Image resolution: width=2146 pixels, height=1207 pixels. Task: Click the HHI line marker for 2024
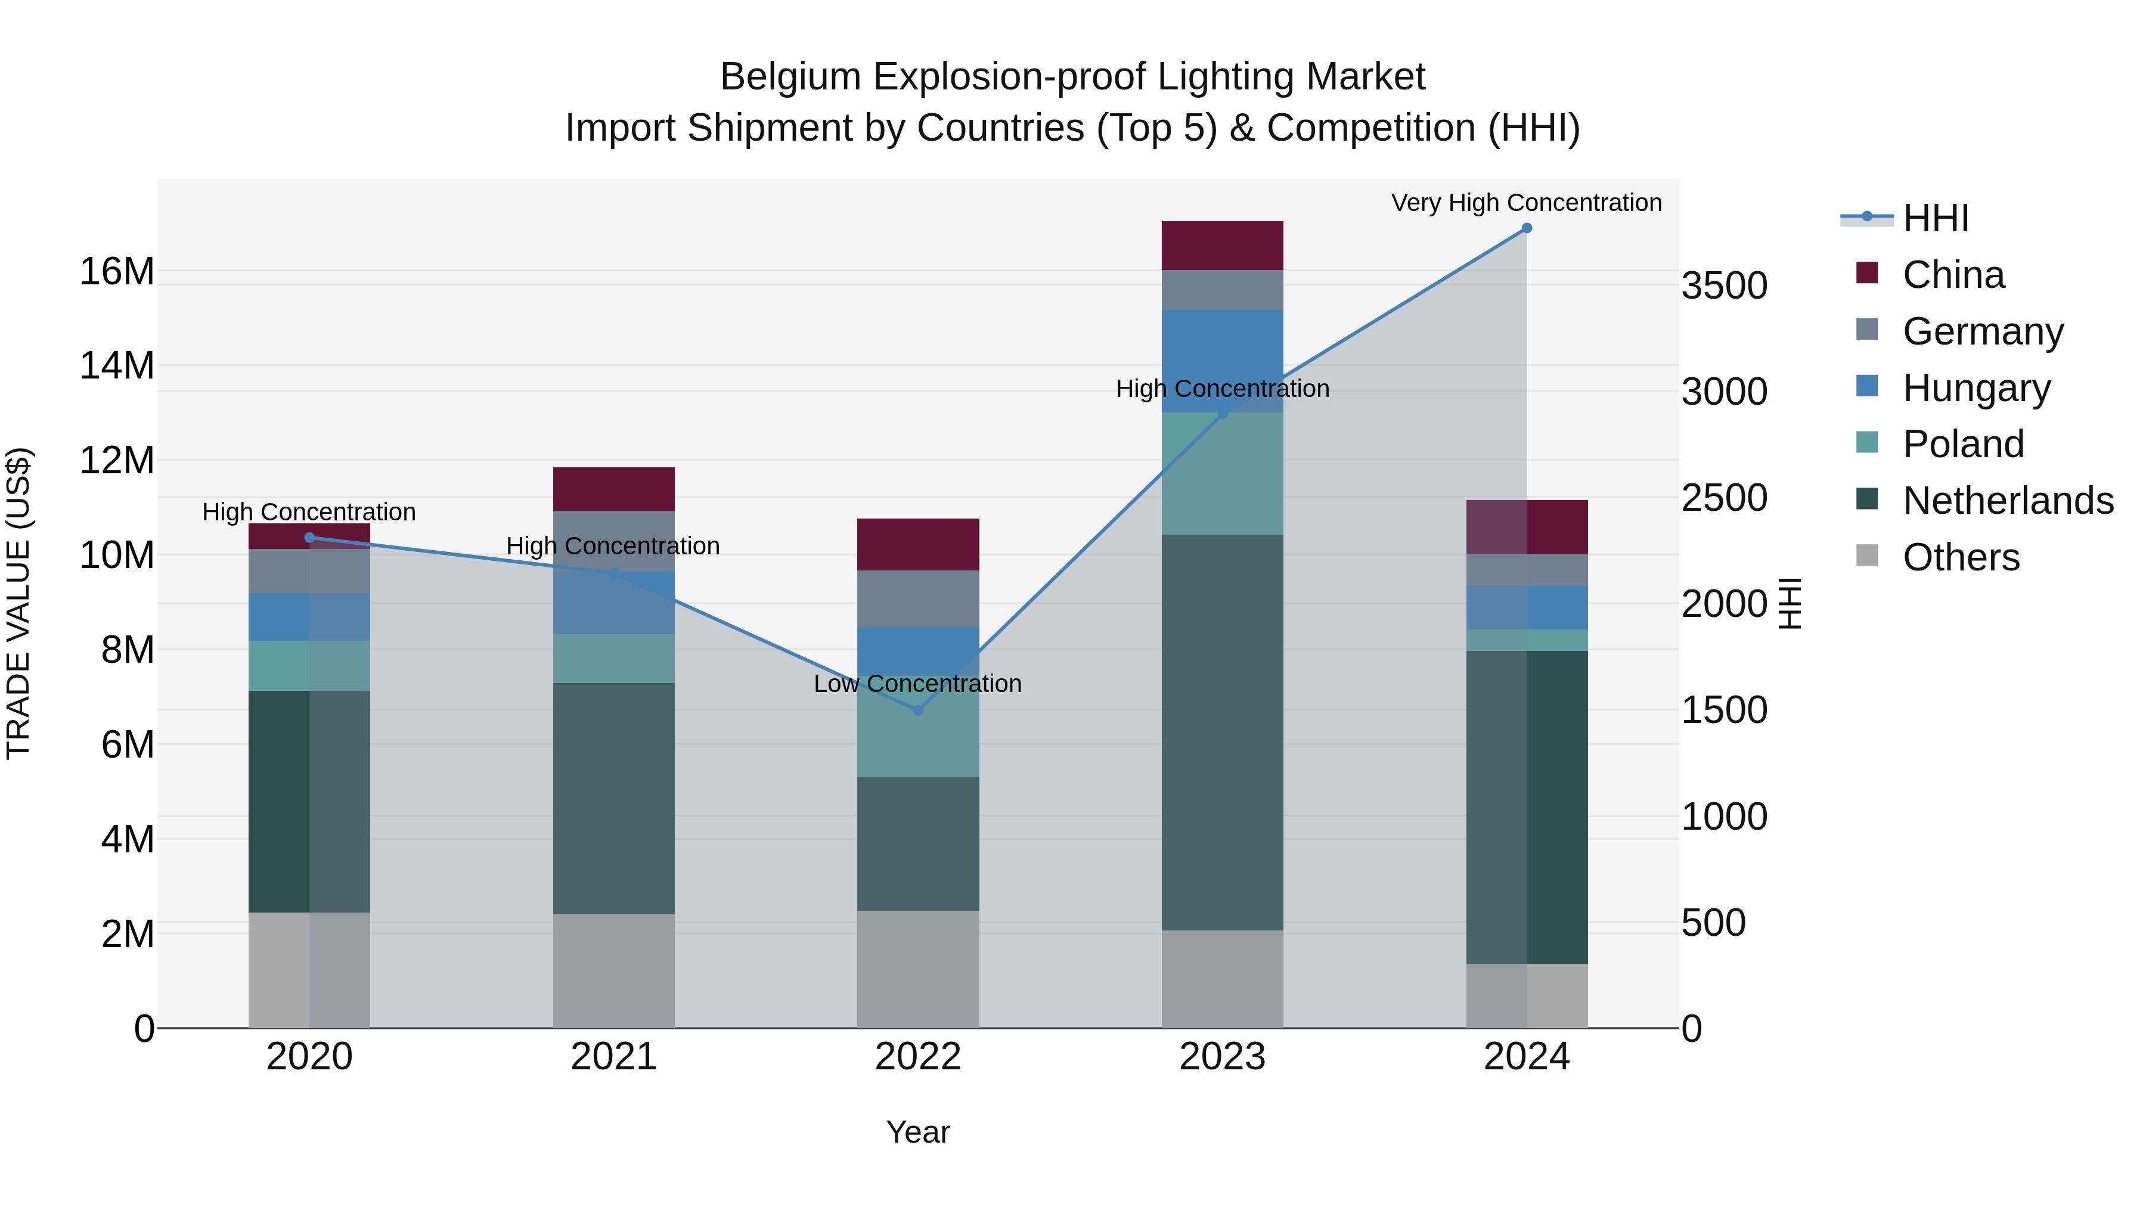point(1526,228)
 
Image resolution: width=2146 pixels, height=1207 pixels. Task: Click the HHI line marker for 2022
point(918,710)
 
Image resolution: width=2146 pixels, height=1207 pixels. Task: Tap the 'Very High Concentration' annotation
point(1526,203)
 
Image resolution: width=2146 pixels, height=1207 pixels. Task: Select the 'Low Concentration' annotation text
point(917,684)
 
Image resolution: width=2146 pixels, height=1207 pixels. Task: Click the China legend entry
point(1953,275)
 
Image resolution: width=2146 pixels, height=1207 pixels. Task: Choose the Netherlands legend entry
point(2008,501)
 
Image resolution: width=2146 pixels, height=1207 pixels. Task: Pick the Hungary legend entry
point(1976,388)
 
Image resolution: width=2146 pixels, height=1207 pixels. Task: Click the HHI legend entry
point(1935,218)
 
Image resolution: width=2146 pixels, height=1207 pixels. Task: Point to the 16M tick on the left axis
point(117,272)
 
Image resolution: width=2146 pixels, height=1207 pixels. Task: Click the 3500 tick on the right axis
point(1723,286)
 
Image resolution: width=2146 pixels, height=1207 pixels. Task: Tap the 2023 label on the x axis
point(1222,1057)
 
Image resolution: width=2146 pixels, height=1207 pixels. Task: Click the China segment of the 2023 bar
point(1222,246)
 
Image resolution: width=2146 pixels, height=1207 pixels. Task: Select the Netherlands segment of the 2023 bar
point(1222,733)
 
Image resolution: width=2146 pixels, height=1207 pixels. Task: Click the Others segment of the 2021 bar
point(613,972)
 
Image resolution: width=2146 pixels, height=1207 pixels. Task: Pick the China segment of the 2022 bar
point(918,545)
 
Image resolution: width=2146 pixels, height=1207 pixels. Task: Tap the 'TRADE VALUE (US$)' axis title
point(18,603)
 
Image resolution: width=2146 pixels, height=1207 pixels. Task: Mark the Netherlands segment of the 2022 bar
point(918,844)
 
